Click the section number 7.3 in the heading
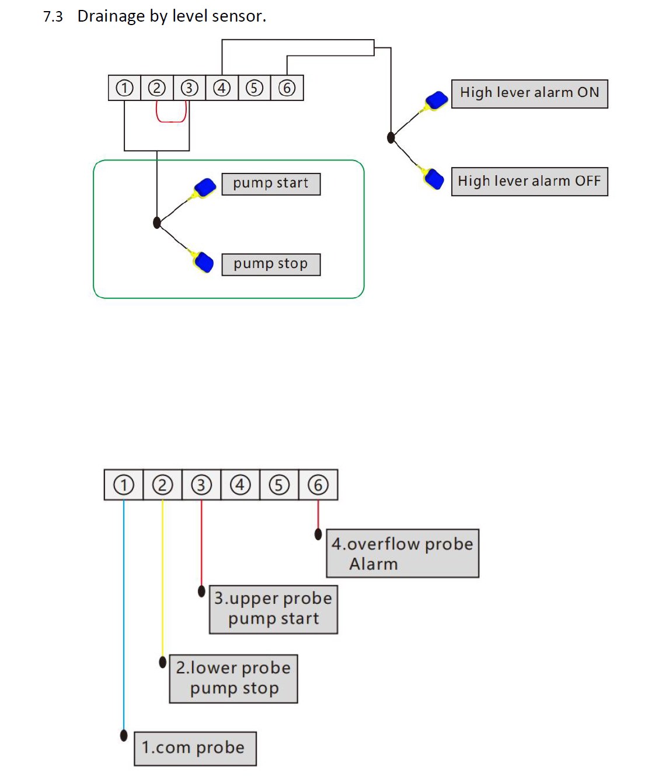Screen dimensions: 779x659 tap(53, 16)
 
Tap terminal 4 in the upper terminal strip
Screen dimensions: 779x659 tap(221, 88)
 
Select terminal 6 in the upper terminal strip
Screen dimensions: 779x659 tap(287, 88)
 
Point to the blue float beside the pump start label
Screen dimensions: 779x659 tap(205, 187)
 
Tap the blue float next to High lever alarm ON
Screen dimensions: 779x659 tap(437, 100)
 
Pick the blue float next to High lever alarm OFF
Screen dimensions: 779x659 tap(434, 179)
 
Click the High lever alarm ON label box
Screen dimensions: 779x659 tap(529, 93)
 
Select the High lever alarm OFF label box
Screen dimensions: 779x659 tap(529, 182)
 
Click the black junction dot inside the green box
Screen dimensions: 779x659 tap(156, 222)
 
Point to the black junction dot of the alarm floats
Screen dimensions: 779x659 tap(390, 138)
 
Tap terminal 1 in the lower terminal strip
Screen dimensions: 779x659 tap(124, 485)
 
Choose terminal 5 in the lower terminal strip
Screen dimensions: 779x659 tap(279, 485)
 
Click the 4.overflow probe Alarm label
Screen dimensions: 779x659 tap(402, 554)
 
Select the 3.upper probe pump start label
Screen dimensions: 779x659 tap(273, 609)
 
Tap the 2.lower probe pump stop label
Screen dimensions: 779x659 tap(233, 679)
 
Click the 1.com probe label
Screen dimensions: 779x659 tap(195, 748)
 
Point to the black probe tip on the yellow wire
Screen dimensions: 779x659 tap(163, 662)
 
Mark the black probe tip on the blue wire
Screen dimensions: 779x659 tap(124, 735)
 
